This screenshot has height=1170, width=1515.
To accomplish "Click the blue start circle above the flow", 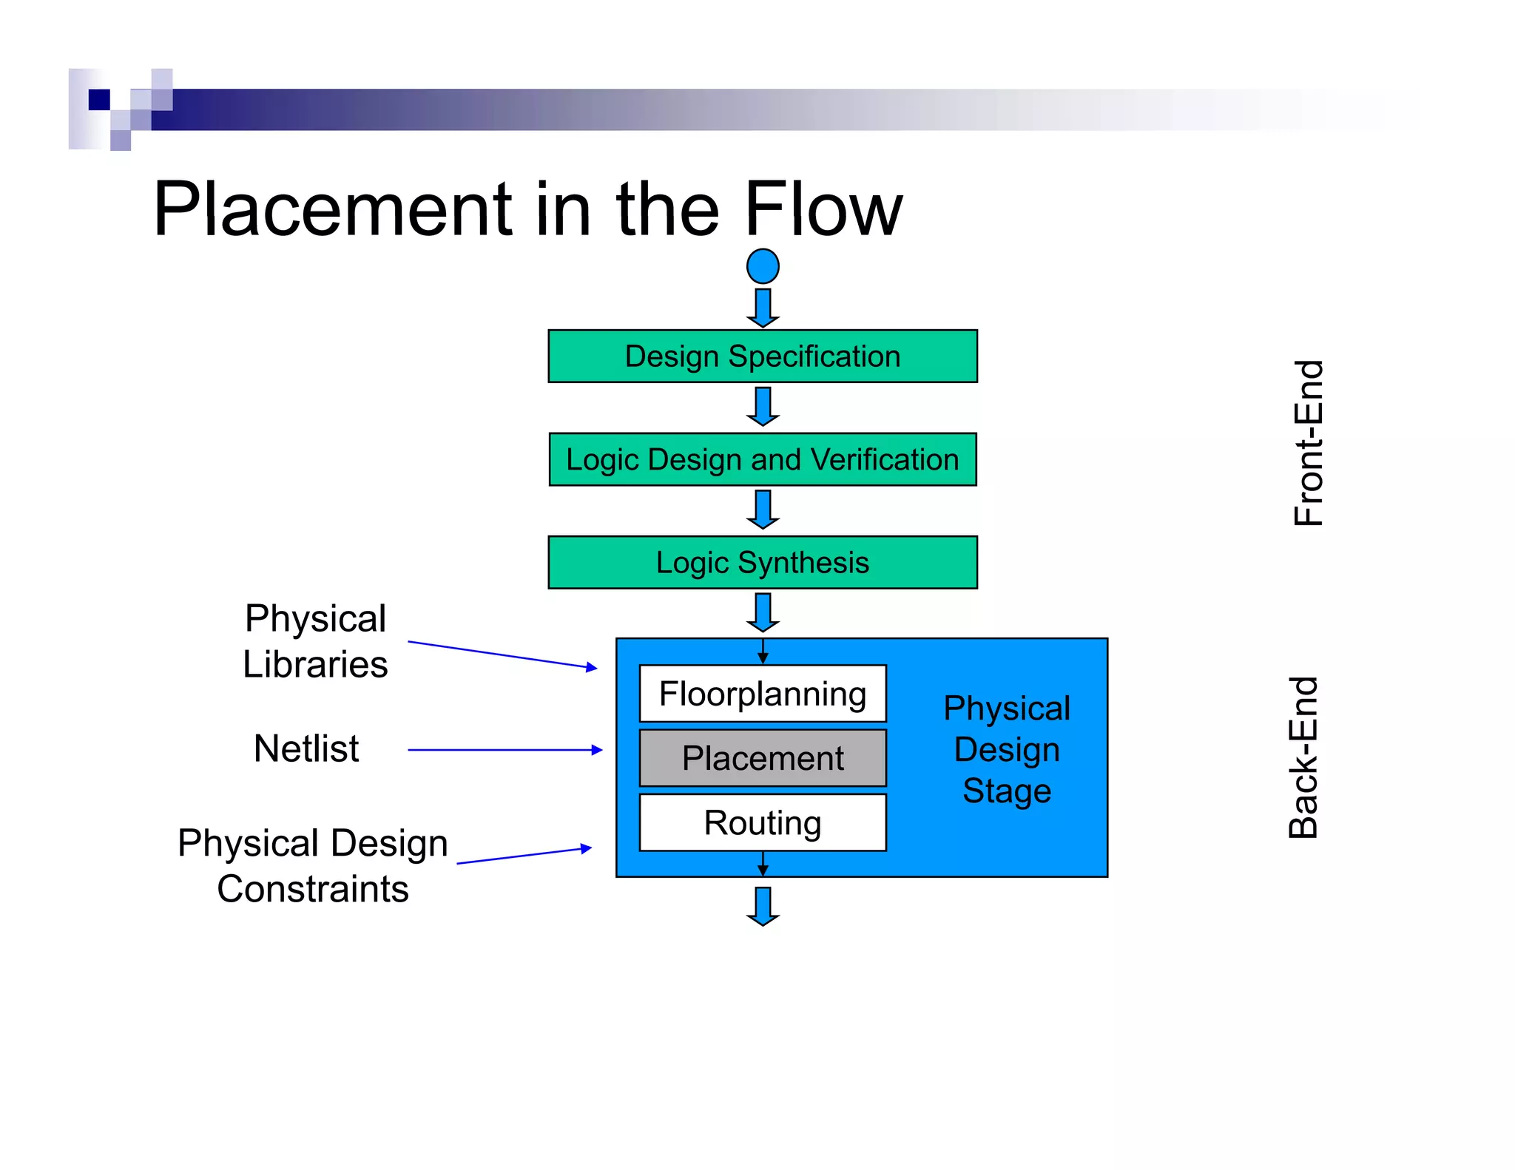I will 763,266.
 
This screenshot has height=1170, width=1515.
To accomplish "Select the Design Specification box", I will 763,356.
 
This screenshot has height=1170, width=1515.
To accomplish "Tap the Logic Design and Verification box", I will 763,459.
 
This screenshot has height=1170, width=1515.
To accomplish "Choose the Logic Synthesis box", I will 763,562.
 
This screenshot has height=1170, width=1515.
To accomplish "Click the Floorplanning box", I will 763,694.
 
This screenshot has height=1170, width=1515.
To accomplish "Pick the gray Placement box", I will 763,758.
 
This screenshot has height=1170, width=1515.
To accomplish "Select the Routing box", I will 763,822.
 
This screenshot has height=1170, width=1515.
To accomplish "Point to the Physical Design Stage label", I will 1007,749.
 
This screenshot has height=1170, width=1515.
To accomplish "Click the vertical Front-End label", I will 1308,443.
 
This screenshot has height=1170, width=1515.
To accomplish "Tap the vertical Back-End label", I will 1303,757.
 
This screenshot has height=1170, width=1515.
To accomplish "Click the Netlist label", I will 306,748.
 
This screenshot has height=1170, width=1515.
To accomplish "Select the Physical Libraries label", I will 315,641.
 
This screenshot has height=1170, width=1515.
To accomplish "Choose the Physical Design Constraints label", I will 313,865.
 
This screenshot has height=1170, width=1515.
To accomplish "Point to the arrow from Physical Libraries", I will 503,655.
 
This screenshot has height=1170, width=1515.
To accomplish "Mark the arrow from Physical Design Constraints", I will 524,856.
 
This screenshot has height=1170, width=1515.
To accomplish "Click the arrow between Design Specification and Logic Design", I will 763,406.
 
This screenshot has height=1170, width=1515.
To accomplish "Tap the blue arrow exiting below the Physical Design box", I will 763,906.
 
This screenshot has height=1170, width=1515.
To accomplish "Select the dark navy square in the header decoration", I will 99,99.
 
